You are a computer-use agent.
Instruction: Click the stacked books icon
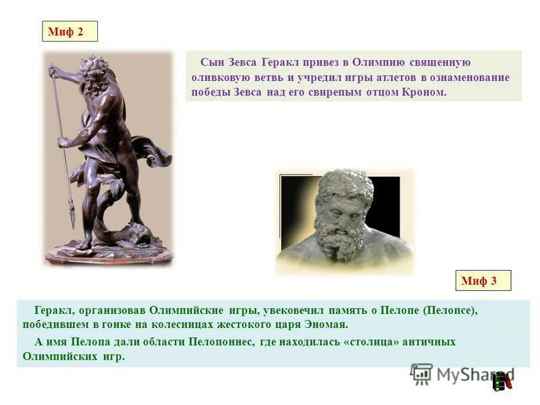(502, 381)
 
